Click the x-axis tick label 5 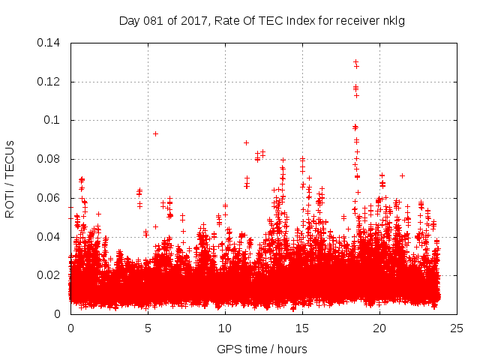148,328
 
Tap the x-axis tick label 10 225,328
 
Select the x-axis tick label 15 302,328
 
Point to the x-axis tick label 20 379,328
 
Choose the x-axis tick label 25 457,328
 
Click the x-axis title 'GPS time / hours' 262,349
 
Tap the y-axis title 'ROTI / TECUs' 10,178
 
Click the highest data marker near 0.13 355,62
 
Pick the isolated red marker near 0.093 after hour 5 155,133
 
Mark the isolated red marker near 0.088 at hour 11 246,142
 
